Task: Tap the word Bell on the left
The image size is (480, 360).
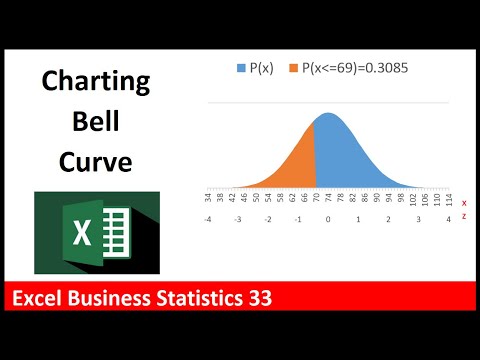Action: coord(96,121)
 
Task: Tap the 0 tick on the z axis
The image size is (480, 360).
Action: coord(328,217)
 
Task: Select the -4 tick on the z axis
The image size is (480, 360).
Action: coord(206,217)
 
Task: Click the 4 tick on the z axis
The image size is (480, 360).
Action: coord(449,217)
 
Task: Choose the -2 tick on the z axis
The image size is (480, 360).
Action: coord(267,217)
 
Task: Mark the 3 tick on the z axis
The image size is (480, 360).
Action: coord(419,217)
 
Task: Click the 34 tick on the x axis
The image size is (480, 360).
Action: coord(206,200)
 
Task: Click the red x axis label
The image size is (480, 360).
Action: coord(464,202)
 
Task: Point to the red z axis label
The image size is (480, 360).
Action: coord(464,217)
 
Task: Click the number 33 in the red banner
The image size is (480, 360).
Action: coord(261,298)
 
